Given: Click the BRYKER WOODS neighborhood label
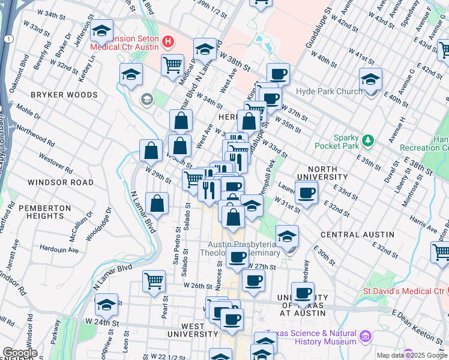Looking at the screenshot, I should pos(64,95).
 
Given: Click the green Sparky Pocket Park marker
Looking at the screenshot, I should pos(368,140).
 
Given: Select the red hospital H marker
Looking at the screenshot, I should pos(168,42).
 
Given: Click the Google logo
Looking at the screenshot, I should pos(20,353).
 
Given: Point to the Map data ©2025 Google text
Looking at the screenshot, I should pos(412,355).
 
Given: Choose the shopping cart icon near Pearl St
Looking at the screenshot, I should pos(154,280).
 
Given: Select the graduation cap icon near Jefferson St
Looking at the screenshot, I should pos(102,31).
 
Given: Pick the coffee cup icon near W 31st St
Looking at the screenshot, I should pos(306,193).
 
